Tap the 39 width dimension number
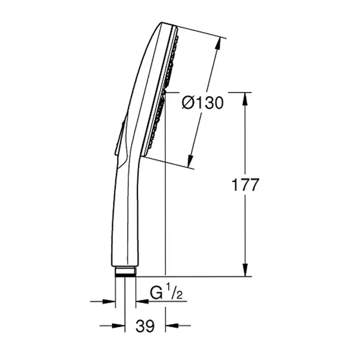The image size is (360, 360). coord(145,326)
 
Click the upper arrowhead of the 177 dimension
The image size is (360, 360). coord(245,97)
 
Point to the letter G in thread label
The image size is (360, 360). coord(155,294)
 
